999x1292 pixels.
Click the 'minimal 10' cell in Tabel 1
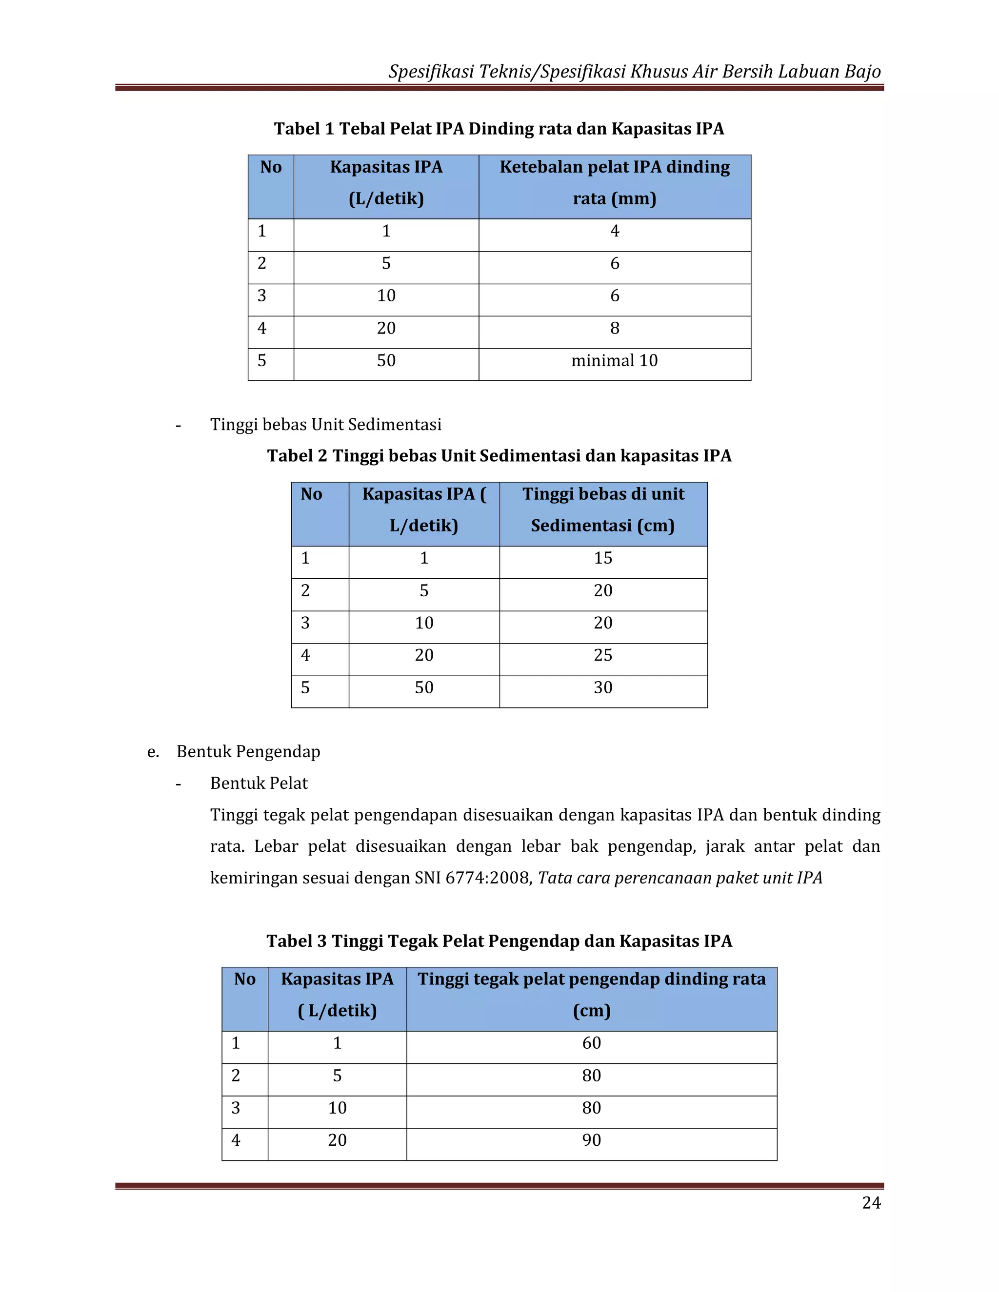(x=614, y=361)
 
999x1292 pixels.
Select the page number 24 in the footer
(x=871, y=1203)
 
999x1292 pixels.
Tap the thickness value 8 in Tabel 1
(x=614, y=328)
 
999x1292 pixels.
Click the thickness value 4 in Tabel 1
(x=614, y=231)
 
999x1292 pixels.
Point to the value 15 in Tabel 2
(x=602, y=558)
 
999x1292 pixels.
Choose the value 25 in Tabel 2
(x=602, y=655)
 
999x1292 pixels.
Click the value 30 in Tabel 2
(x=602, y=688)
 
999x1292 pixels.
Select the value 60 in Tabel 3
(x=591, y=1043)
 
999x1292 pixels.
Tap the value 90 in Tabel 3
(x=591, y=1140)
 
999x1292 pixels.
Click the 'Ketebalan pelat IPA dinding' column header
(x=614, y=167)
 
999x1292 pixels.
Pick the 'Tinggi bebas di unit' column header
(x=602, y=494)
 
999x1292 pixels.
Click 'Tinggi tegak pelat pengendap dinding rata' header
(x=591, y=979)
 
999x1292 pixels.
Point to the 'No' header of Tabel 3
(x=244, y=979)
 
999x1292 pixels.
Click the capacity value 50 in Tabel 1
(x=386, y=361)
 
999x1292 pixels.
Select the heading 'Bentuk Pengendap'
(x=248, y=752)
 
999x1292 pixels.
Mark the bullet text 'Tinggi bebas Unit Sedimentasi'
(x=325, y=425)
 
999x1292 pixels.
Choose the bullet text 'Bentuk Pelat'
(x=259, y=784)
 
